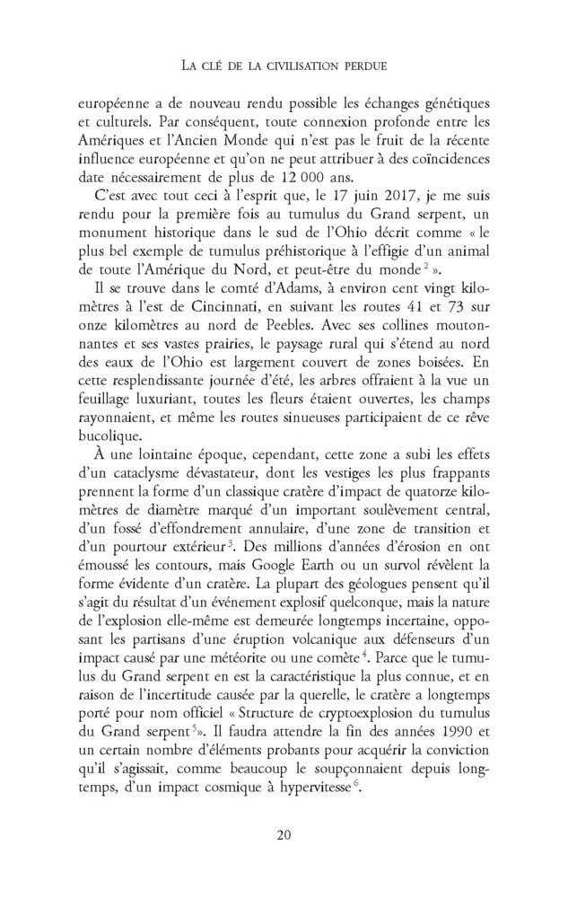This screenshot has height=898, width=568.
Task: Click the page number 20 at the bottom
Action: (x=284, y=835)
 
